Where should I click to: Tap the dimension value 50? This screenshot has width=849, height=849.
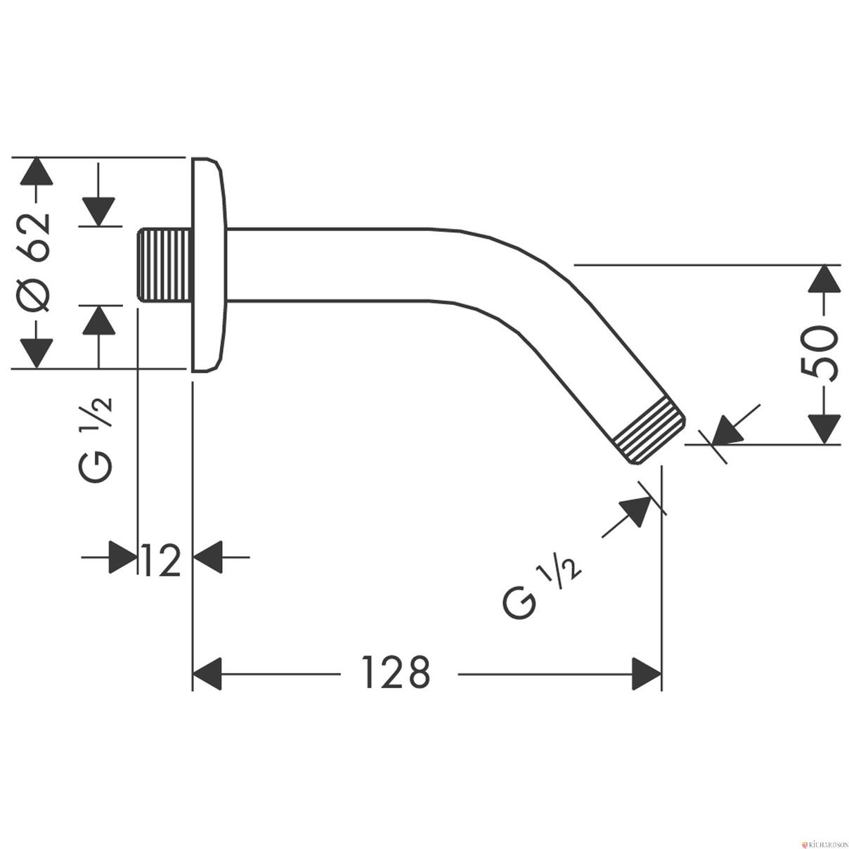[x=819, y=354]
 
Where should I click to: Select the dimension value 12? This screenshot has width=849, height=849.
[x=161, y=561]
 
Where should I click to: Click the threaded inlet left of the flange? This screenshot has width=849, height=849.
[x=165, y=264]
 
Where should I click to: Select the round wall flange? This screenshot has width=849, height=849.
[x=209, y=264]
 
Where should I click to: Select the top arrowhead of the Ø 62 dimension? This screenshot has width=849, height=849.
[x=37, y=171]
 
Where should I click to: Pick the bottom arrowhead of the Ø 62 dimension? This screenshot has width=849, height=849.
[x=37, y=354]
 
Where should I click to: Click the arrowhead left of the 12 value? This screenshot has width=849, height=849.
[x=123, y=557]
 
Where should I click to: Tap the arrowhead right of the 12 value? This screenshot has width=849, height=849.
[x=207, y=557]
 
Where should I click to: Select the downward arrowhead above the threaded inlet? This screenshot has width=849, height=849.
[x=98, y=212]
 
